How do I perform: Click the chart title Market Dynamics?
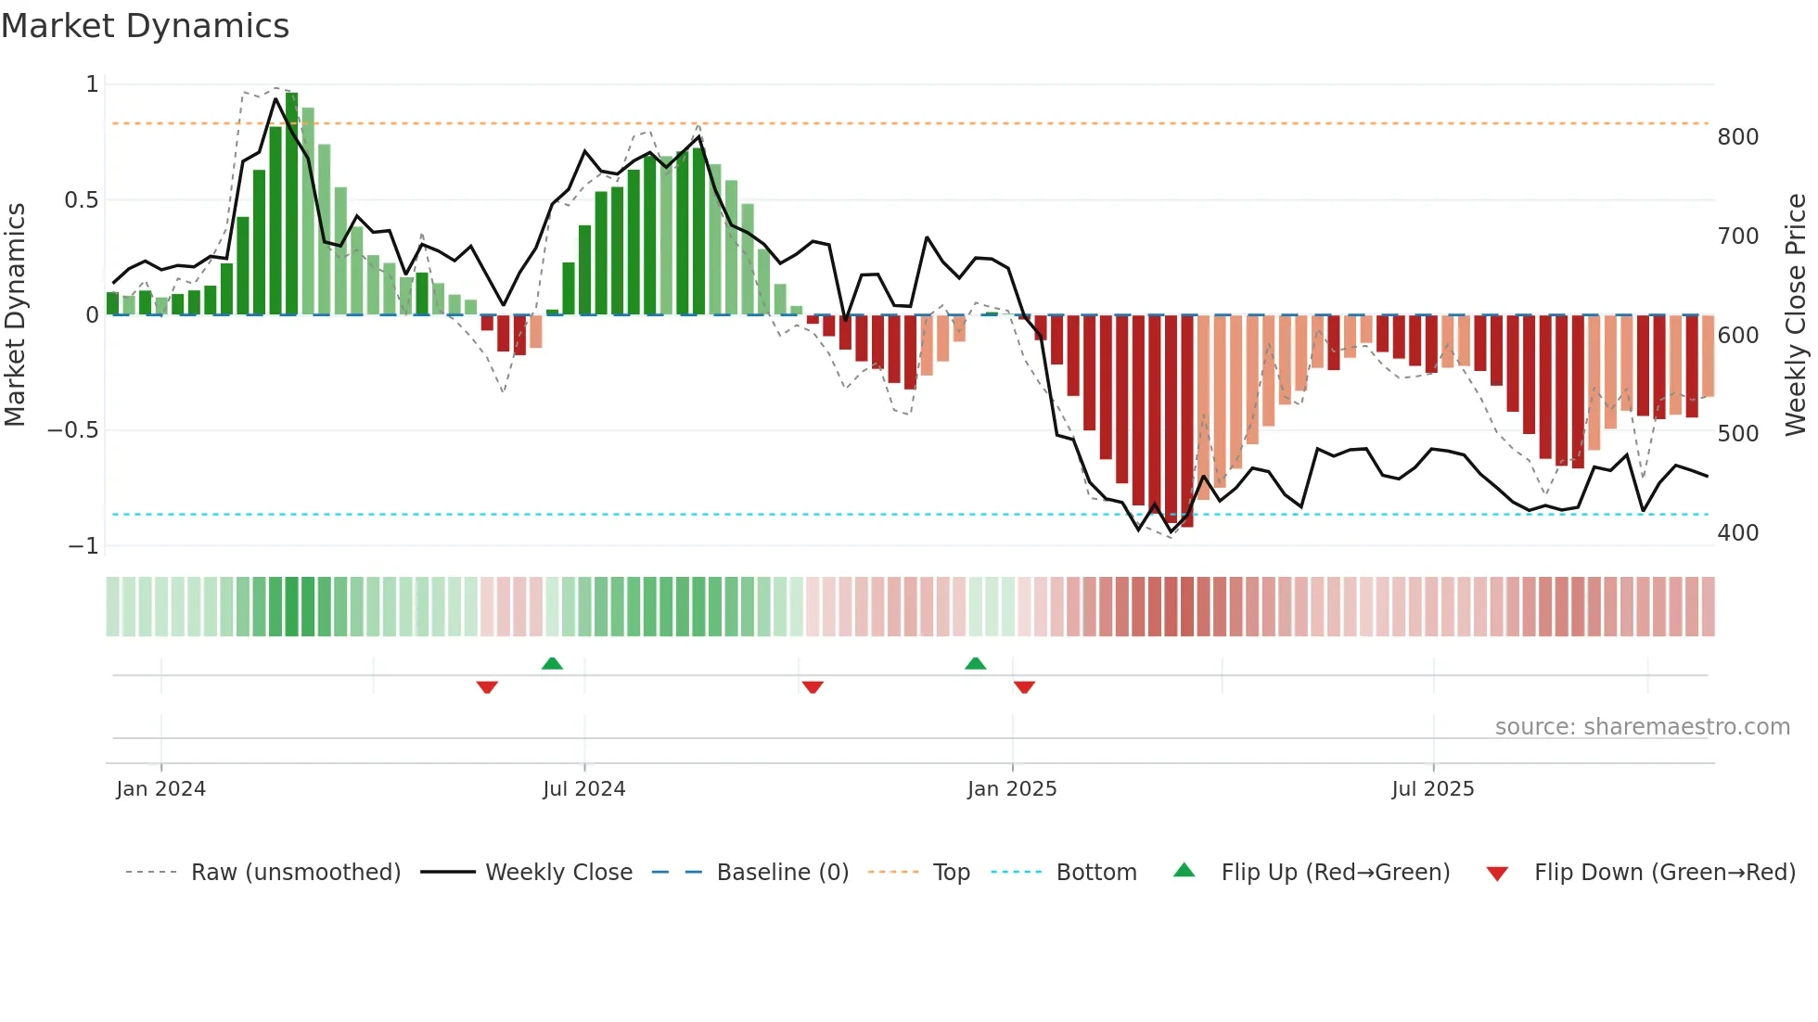click(146, 26)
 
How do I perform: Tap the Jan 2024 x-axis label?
click(160, 789)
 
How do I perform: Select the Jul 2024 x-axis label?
click(583, 789)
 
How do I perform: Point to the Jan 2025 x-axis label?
click(1011, 789)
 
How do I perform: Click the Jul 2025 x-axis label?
click(1432, 789)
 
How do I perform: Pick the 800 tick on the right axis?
click(1737, 137)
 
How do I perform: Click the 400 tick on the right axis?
click(1737, 533)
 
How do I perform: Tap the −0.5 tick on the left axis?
click(72, 430)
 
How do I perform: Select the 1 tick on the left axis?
click(92, 84)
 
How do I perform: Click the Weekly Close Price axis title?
click(1796, 314)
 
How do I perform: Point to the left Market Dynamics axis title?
click(15, 314)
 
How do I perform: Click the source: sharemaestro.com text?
click(1642, 727)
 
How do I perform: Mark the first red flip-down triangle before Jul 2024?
click(487, 687)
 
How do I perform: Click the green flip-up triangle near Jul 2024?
click(552, 663)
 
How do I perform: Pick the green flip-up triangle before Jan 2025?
click(975, 663)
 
